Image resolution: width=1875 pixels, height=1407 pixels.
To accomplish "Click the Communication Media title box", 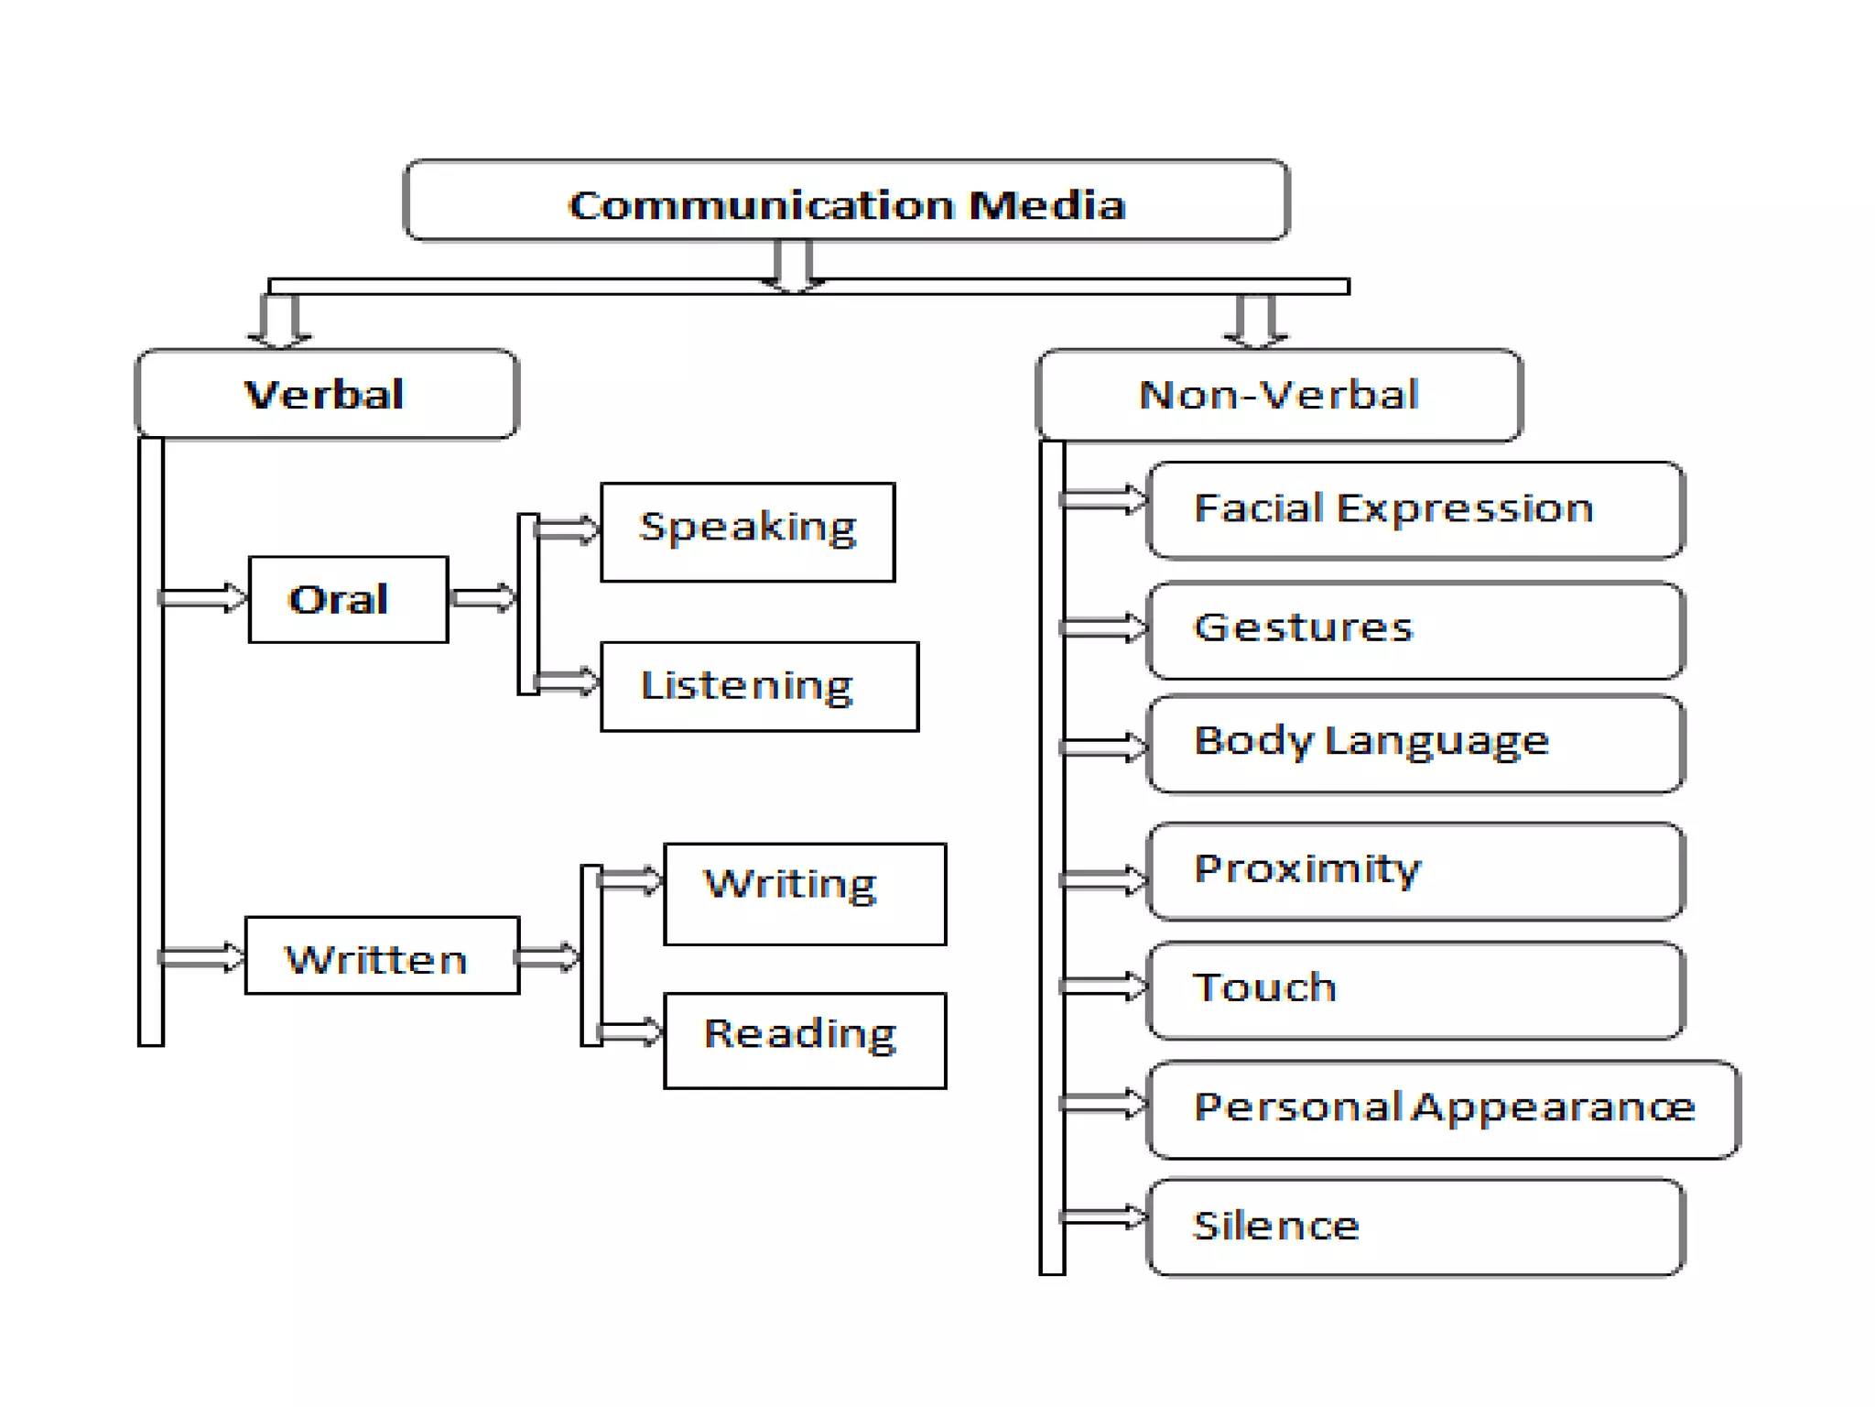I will tap(846, 200).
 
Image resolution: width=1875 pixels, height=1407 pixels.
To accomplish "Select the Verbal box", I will tap(326, 394).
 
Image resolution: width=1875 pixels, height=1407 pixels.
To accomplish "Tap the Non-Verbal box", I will tap(1278, 395).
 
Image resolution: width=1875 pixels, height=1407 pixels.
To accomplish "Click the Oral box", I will tap(348, 599).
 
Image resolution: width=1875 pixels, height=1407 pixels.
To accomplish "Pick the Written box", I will tap(382, 955).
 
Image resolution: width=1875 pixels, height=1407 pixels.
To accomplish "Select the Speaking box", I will tap(747, 531).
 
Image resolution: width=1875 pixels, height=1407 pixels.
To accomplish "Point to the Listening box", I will tap(759, 686).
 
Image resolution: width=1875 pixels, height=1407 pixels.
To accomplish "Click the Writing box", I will tap(804, 893).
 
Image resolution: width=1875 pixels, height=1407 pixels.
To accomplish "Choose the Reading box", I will tap(804, 1040).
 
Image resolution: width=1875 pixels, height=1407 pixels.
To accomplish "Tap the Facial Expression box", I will tap(1414, 510).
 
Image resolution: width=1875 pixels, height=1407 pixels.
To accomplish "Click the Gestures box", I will tap(1414, 630).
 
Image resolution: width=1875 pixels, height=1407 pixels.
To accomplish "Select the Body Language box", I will tap(1414, 743).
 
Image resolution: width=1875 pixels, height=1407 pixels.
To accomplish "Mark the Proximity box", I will tap(1414, 870).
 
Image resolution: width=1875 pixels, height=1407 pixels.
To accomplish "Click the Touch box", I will tap(1414, 990).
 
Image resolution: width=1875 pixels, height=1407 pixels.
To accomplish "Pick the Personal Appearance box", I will tap(1443, 1108).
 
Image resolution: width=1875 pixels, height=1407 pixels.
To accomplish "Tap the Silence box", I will tap(1414, 1227).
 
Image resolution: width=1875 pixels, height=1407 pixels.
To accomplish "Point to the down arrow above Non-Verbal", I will tap(1255, 321).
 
